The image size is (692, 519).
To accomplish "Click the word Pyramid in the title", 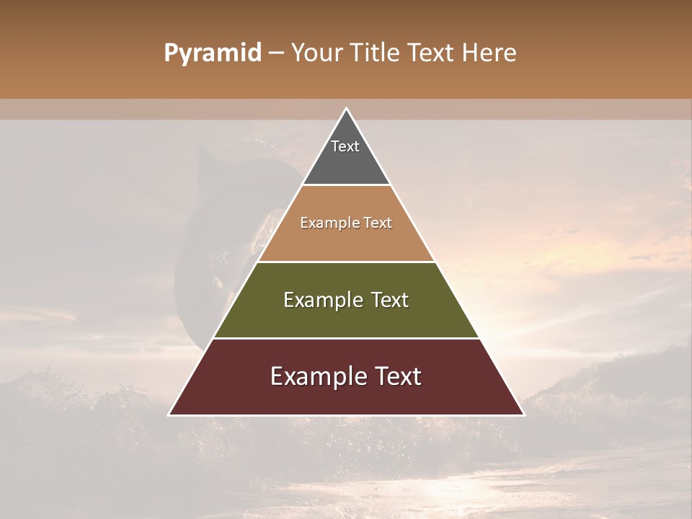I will point(212,53).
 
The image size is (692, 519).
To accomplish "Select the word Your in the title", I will point(316,53).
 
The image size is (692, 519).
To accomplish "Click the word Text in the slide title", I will point(432,53).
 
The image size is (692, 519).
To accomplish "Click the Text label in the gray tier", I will point(345,146).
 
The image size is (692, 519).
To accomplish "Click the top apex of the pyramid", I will point(346,110).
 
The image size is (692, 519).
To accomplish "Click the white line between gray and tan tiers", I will point(346,185).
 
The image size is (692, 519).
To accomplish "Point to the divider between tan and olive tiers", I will point(346,262).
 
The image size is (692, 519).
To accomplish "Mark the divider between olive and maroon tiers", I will point(346,338).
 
